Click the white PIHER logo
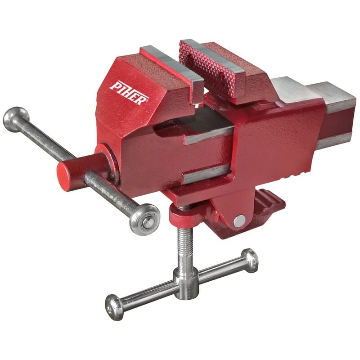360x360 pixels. [129, 93]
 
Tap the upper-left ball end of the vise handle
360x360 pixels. [16, 119]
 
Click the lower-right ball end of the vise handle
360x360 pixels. [144, 219]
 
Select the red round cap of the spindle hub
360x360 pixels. [63, 174]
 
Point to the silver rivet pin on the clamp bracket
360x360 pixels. [239, 221]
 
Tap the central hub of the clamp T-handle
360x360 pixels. [185, 283]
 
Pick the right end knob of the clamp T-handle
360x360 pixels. [250, 260]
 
